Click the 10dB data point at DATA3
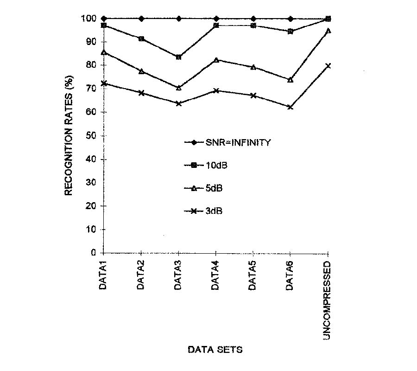tap(178, 57)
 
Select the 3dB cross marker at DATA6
tap(290, 107)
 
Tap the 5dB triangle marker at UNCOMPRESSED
tap(328, 31)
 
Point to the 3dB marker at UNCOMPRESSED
tap(328, 66)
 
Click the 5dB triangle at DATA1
tap(104, 52)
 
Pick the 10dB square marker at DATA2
tap(141, 38)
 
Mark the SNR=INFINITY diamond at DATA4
tap(215, 19)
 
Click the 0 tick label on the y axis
tap(94, 253)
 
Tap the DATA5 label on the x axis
tap(253, 277)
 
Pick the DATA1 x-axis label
tap(103, 277)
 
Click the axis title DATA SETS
tap(215, 350)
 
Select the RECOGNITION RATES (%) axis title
tap(69, 135)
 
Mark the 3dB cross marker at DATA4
tap(215, 90)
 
